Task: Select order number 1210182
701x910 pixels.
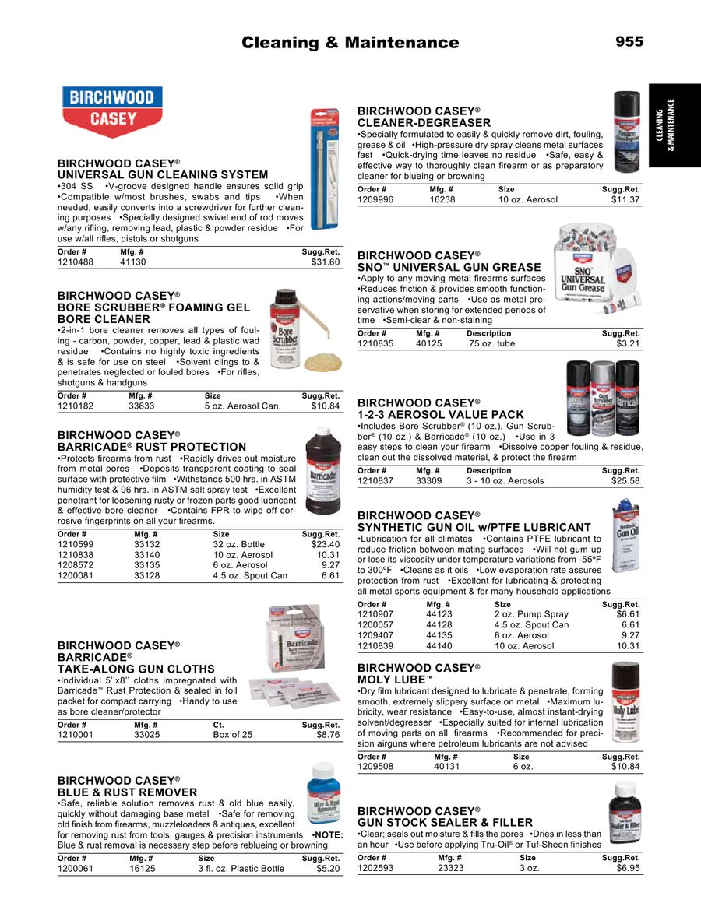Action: [x=76, y=406]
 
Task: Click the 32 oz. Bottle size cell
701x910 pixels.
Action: [x=239, y=545]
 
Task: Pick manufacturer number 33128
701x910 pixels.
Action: [x=147, y=575]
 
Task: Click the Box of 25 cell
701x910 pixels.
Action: [x=233, y=734]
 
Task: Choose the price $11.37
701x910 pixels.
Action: [x=625, y=200]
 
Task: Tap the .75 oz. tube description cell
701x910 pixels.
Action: [x=491, y=343]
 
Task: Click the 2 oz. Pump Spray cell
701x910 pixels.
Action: [x=532, y=614]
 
